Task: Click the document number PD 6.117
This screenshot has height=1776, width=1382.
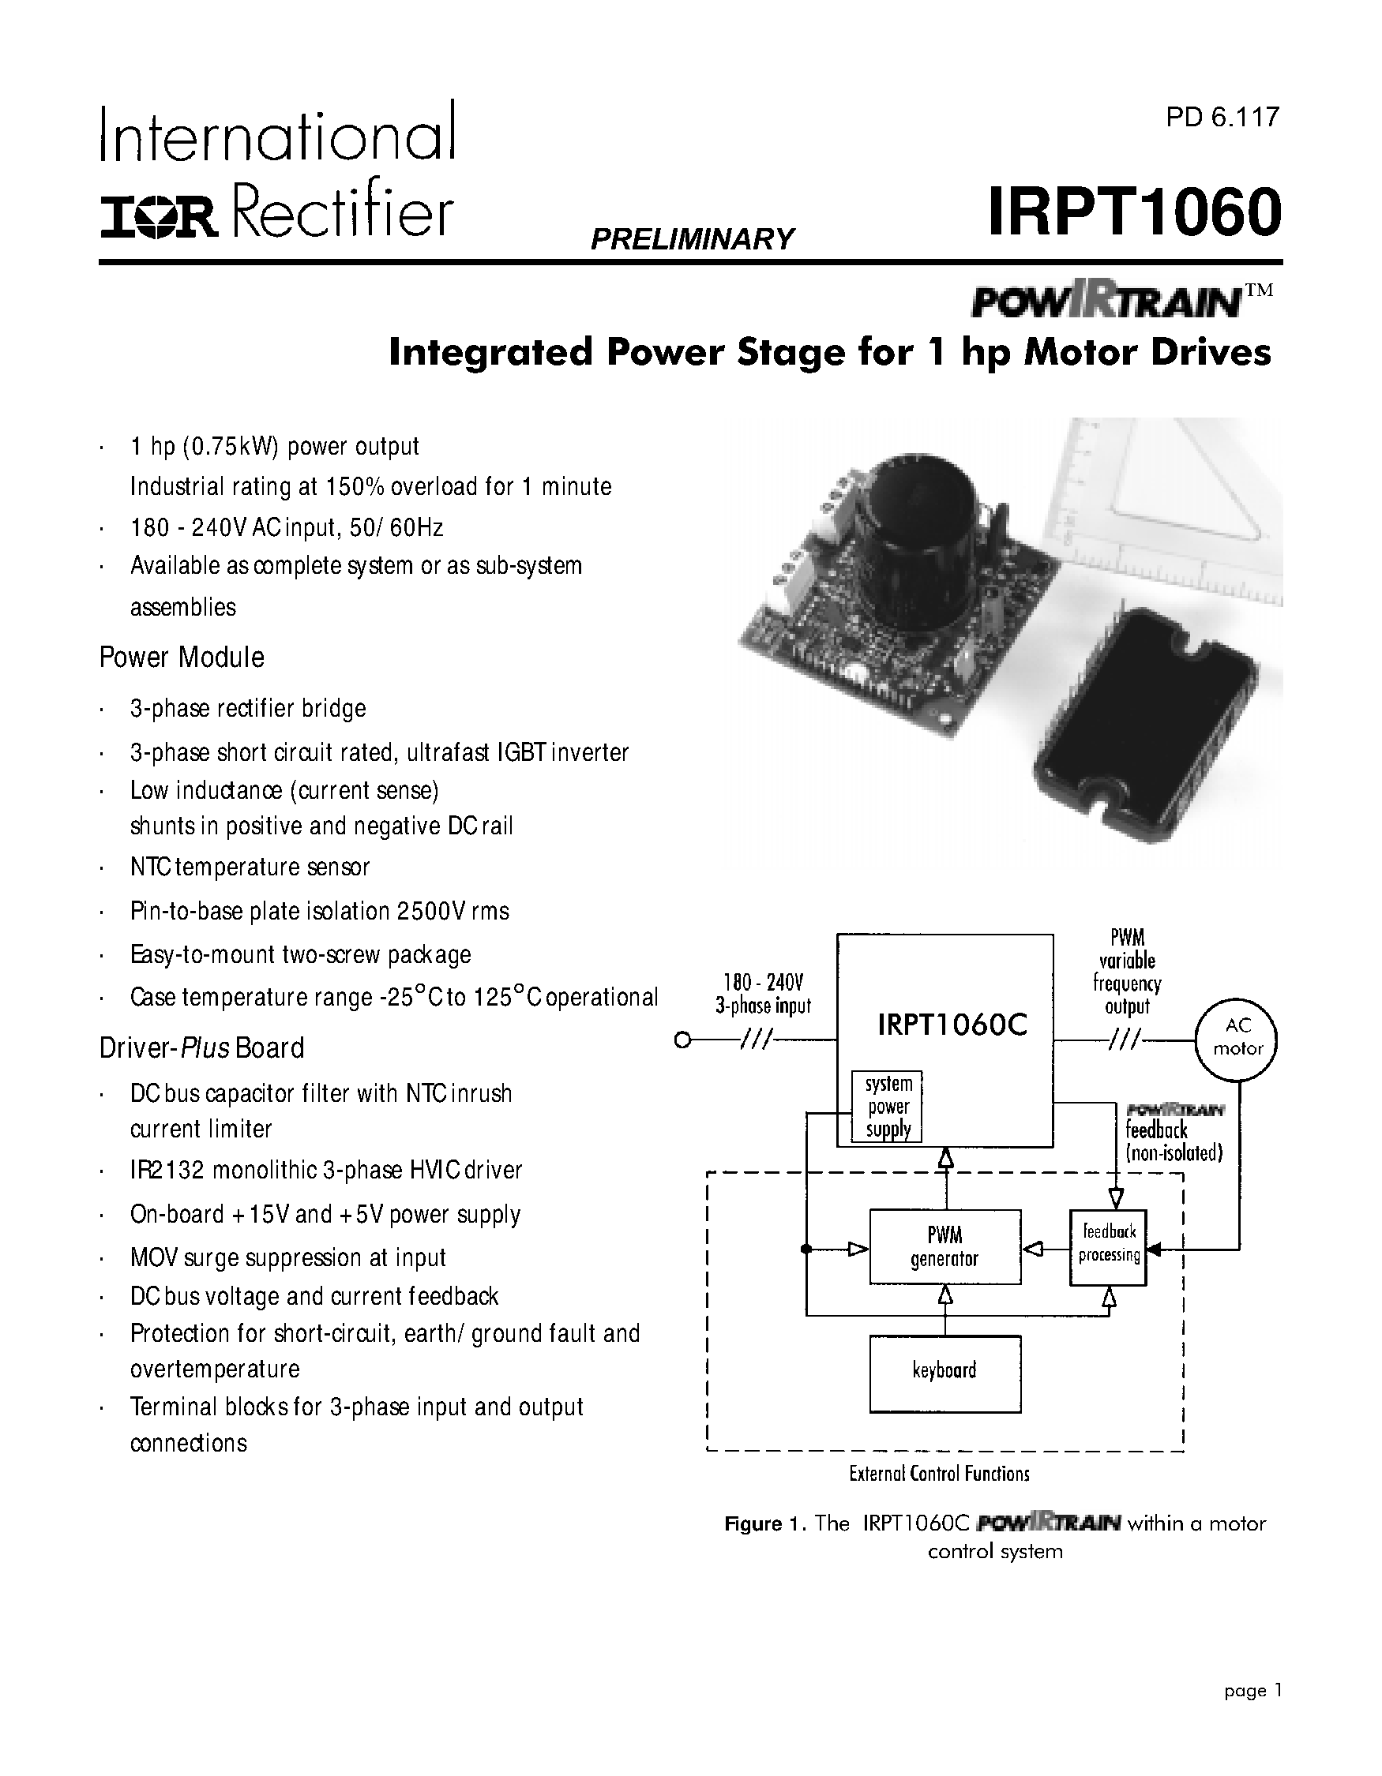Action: coord(1222,118)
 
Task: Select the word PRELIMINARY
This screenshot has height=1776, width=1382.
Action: coord(692,239)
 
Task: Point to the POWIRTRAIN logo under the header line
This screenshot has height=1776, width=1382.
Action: coord(1106,302)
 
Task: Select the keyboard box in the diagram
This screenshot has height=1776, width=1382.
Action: coord(944,1373)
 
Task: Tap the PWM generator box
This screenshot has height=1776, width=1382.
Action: coord(944,1246)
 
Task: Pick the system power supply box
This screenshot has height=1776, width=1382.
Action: coord(887,1107)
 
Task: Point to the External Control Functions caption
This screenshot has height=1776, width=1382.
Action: coord(939,1474)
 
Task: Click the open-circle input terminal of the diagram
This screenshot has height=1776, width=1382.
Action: coord(682,1040)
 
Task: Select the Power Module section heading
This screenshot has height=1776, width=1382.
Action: coord(182,657)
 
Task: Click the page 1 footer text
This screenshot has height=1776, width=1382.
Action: coord(1252,1690)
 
